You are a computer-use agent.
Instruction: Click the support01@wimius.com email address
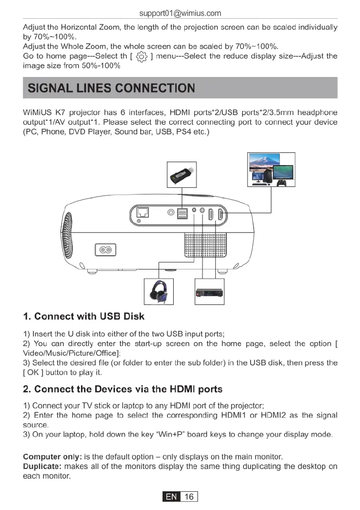click(180, 13)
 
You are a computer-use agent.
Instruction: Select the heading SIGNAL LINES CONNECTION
click(111, 88)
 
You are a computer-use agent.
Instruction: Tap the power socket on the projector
click(105, 250)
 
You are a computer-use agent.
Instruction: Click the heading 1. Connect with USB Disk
click(84, 317)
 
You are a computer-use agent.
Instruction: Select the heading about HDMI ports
click(123, 389)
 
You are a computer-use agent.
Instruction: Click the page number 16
click(188, 497)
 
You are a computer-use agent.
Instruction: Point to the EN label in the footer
click(172, 497)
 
